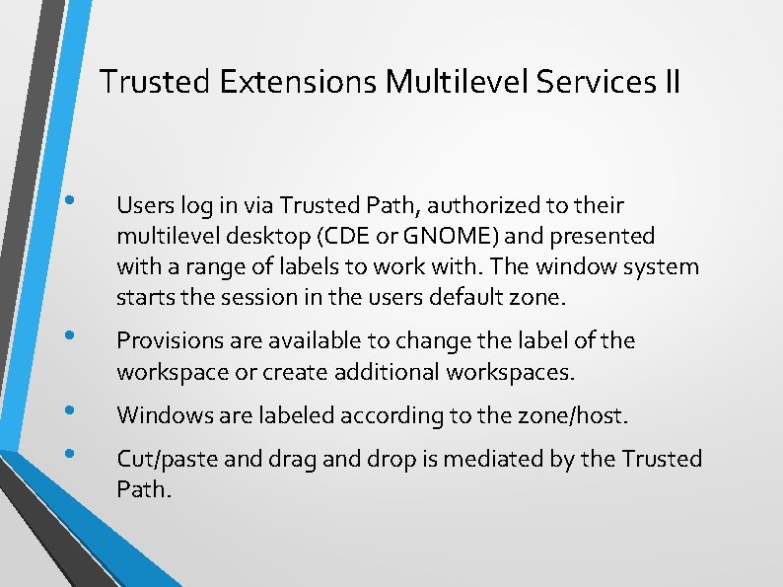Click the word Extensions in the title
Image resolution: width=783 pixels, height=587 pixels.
(x=299, y=82)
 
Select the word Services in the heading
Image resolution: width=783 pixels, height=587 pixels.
(x=592, y=82)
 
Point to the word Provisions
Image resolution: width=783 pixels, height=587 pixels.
(x=171, y=341)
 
